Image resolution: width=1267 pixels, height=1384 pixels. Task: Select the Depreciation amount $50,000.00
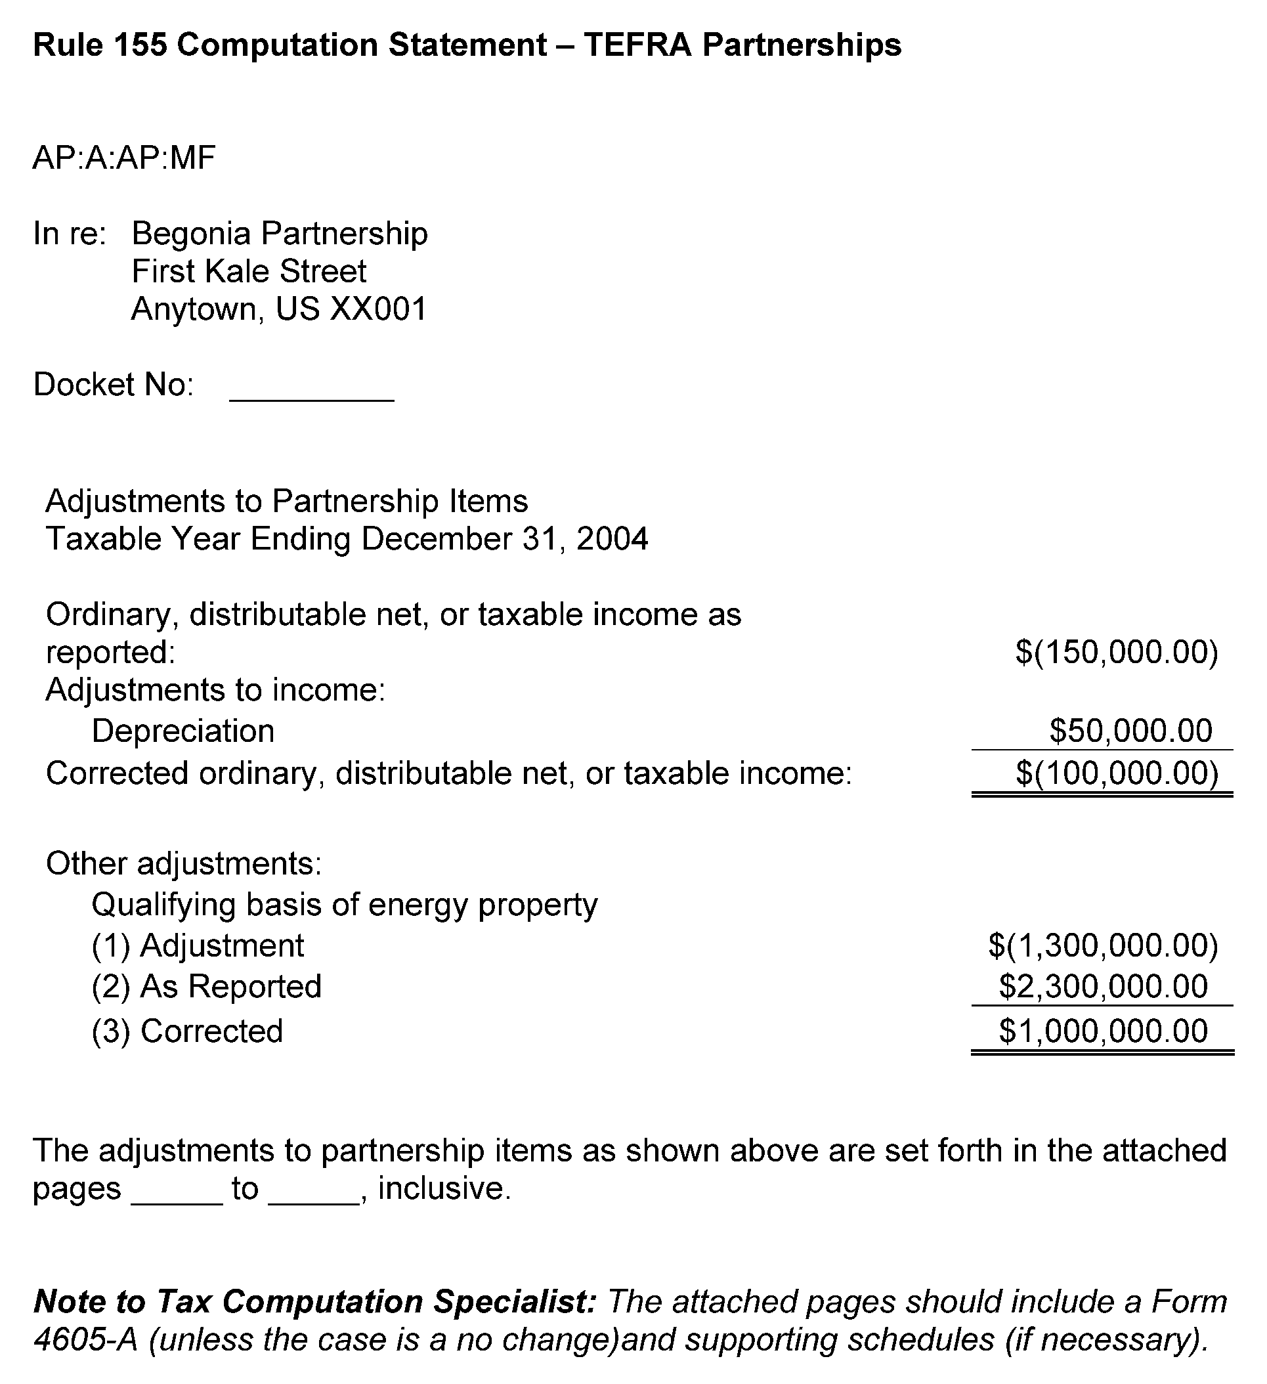pyautogui.click(x=1130, y=731)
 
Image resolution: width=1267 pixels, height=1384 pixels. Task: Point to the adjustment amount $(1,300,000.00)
pyautogui.click(x=1103, y=945)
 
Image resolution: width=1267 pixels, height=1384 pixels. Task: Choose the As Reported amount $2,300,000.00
pyautogui.click(x=1103, y=987)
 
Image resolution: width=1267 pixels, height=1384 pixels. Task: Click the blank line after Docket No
pyautogui.click(x=312, y=395)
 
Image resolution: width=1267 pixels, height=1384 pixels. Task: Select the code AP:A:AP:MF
pyautogui.click(x=124, y=158)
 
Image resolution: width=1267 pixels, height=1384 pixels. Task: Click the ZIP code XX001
pyautogui.click(x=378, y=309)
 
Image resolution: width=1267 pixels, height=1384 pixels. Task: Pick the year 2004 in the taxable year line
pyautogui.click(x=612, y=539)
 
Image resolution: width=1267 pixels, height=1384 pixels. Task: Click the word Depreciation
pyautogui.click(x=183, y=731)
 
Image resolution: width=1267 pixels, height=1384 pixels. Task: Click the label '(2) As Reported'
pyautogui.click(x=206, y=987)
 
